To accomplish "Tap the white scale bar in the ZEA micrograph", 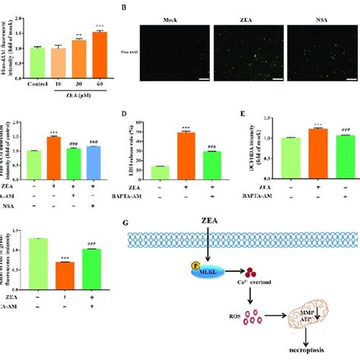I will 278,77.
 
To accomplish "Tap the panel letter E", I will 242,115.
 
